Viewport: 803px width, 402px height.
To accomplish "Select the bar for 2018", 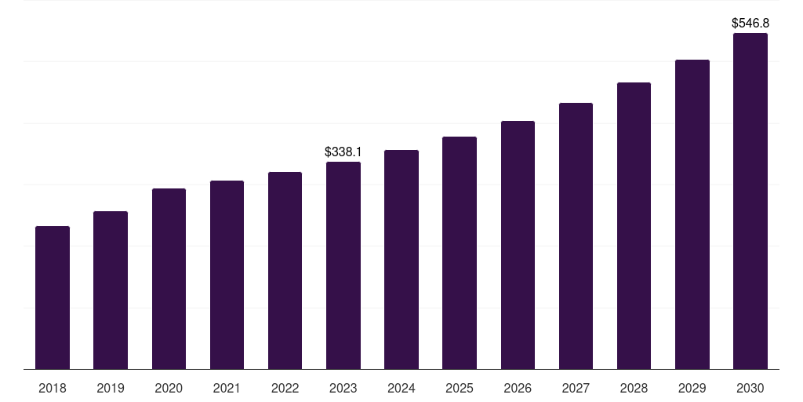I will click(x=53, y=298).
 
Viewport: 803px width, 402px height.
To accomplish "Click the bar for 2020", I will click(x=169, y=279).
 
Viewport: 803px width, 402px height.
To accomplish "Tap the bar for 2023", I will click(x=343, y=265).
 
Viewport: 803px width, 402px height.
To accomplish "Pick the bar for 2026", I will click(x=518, y=245).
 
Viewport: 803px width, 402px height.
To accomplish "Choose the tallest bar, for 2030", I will click(x=750, y=201).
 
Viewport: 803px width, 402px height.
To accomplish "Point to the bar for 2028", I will click(x=634, y=225).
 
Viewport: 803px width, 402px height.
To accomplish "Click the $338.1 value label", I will click(x=343, y=152).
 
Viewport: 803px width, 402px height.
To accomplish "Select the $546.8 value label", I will click(x=750, y=24).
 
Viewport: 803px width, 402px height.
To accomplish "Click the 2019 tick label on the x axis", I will click(x=111, y=388).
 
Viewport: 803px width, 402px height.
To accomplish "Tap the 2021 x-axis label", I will click(x=227, y=388).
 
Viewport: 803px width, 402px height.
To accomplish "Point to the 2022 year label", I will click(x=285, y=388).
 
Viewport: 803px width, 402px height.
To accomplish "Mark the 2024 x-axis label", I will click(x=401, y=388).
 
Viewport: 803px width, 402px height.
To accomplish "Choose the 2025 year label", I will click(x=460, y=388).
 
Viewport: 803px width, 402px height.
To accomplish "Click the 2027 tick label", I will click(x=576, y=388).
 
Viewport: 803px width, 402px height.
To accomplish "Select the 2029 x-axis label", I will click(x=692, y=388).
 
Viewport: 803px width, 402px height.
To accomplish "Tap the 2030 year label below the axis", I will click(x=750, y=388).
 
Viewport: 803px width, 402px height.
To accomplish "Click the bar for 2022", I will click(x=285, y=270).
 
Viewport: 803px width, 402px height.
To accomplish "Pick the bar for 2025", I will click(x=460, y=253).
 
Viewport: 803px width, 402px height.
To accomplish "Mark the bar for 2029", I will click(x=692, y=214).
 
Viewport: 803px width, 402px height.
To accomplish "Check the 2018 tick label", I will click(x=53, y=388).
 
